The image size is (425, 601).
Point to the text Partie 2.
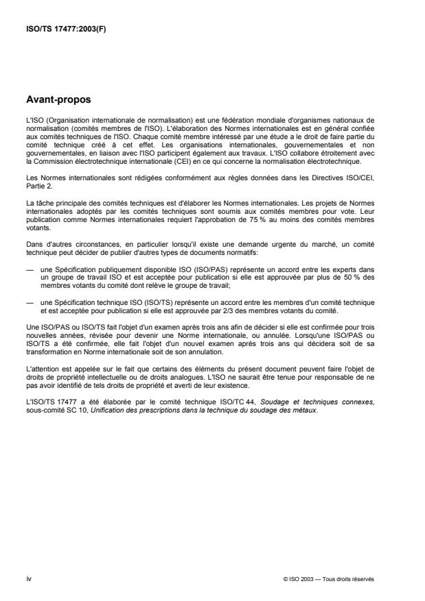point(34,184)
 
